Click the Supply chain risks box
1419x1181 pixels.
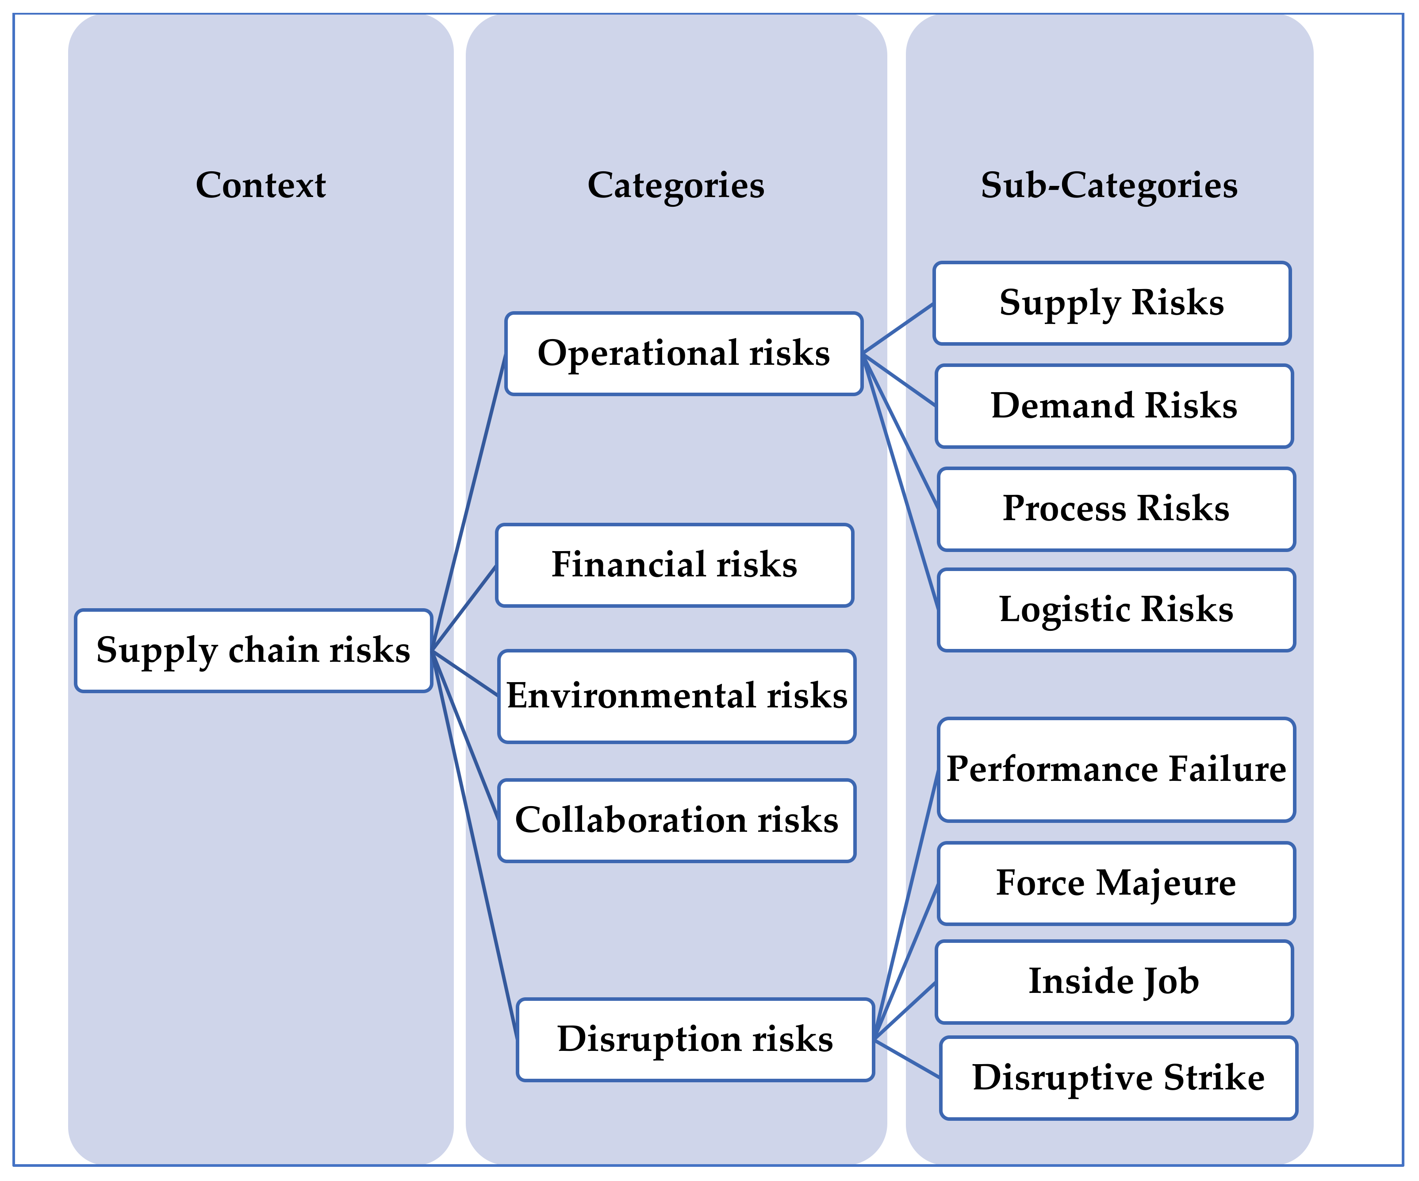point(253,650)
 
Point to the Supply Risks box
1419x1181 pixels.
point(1112,303)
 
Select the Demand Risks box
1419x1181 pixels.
point(1114,405)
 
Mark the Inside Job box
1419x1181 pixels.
point(1114,981)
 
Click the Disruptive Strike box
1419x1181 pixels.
point(1118,1077)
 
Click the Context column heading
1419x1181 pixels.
point(261,185)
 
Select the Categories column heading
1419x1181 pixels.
point(676,185)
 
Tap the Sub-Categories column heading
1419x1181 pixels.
point(1109,185)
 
